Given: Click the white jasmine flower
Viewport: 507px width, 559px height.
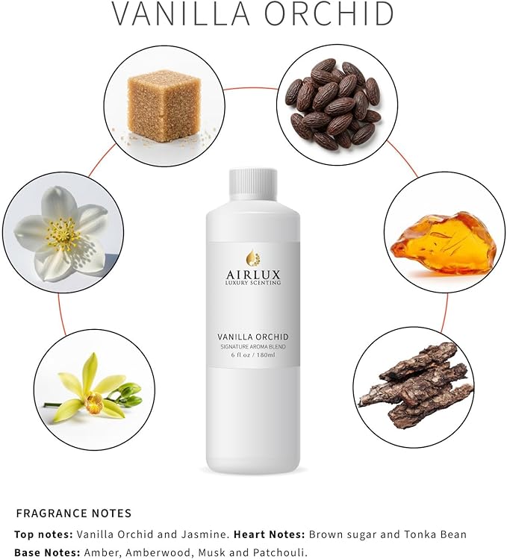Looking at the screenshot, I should tap(61, 228).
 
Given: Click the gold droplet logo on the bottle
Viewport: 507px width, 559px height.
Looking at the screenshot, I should tap(252, 258).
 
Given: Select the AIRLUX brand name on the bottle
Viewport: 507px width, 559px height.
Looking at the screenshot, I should tap(252, 273).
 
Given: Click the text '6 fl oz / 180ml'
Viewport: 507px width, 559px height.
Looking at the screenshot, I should tap(252, 355).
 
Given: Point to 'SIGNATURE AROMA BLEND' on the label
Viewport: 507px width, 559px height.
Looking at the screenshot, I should tap(252, 346).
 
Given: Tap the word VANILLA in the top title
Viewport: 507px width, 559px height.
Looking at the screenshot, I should tap(175, 14).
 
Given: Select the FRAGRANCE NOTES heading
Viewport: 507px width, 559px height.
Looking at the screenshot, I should tap(74, 513).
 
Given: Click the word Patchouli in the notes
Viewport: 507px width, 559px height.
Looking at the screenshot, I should tap(282, 552).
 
